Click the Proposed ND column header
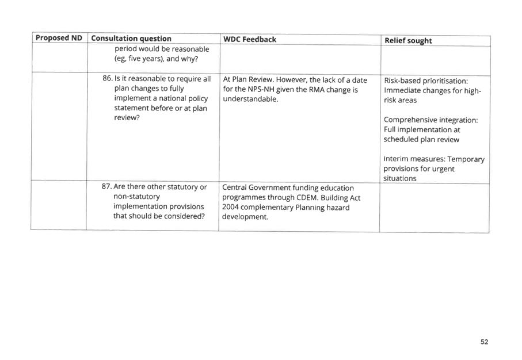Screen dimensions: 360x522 (x=59, y=38)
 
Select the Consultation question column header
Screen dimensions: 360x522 (x=131, y=39)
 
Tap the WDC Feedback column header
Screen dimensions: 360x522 (x=250, y=40)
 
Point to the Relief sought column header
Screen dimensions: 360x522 (x=408, y=41)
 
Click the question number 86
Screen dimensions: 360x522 (x=107, y=79)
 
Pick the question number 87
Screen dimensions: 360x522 (x=106, y=187)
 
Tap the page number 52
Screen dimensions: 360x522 (x=485, y=342)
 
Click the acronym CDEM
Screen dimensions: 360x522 (x=306, y=197)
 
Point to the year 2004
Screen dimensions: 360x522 (x=230, y=207)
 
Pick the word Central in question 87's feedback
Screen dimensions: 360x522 (x=234, y=187)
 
